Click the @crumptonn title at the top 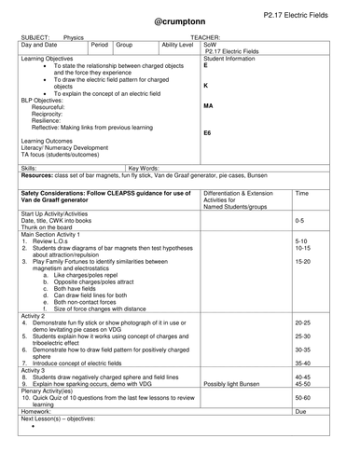[180, 21]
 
